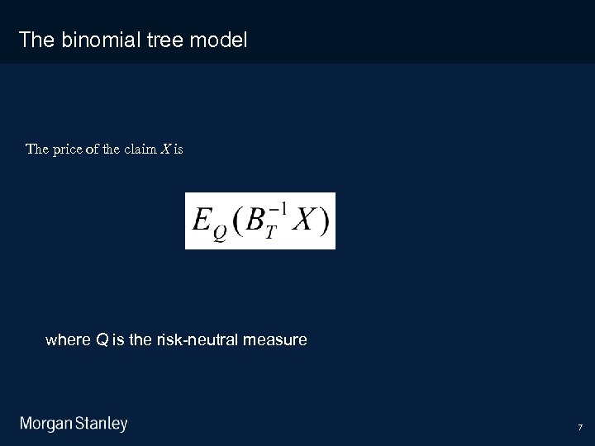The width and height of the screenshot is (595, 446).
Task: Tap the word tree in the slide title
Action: pyautogui.click(x=162, y=39)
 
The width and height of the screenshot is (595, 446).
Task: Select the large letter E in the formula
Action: pyautogui.click(x=201, y=219)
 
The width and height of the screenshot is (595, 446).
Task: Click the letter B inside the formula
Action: pyautogui.click(x=255, y=220)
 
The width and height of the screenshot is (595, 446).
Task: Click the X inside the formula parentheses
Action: pyautogui.click(x=302, y=220)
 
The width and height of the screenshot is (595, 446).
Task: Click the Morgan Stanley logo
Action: pyautogui.click(x=74, y=424)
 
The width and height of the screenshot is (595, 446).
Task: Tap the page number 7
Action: pyautogui.click(x=580, y=428)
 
